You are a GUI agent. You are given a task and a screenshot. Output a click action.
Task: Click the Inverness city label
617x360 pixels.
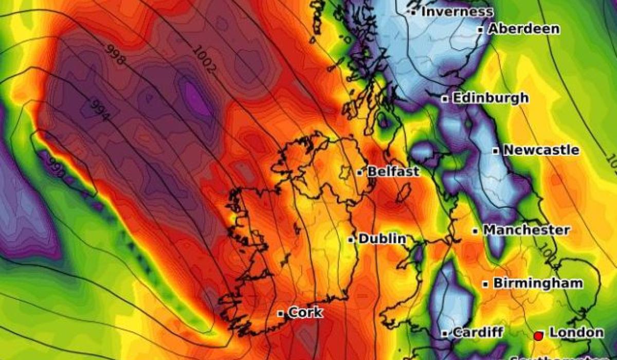pos(457,11)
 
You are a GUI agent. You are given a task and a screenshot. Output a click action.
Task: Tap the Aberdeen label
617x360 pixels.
pos(523,29)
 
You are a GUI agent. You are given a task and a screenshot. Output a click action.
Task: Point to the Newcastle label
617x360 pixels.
pos(541,150)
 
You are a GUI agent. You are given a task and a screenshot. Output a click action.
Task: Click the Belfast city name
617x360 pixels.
pos(393,171)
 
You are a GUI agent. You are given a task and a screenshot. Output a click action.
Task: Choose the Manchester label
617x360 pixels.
pos(526,230)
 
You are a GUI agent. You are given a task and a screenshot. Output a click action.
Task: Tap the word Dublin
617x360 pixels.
pos(382,239)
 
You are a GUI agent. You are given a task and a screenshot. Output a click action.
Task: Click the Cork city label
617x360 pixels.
pos(305,312)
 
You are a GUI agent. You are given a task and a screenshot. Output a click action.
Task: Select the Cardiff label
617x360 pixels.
pos(478,332)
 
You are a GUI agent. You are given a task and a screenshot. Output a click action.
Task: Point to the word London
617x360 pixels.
pos(576,332)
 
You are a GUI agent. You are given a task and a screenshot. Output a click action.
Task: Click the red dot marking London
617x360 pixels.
pos(538,336)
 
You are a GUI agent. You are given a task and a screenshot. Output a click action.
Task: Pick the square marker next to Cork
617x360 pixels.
pos(281,313)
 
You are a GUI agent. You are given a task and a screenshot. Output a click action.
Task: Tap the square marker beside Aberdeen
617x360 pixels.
pos(480,30)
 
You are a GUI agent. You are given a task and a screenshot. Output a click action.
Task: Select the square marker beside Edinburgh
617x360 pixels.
pos(445,99)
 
